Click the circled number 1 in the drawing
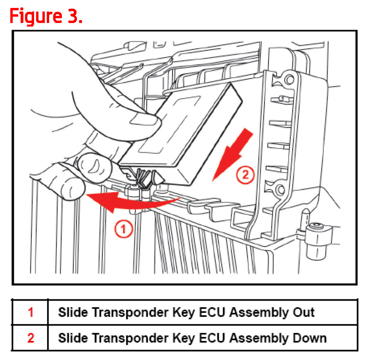pos(123,230)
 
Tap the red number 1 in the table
pos(31,312)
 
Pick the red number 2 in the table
pos(31,338)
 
